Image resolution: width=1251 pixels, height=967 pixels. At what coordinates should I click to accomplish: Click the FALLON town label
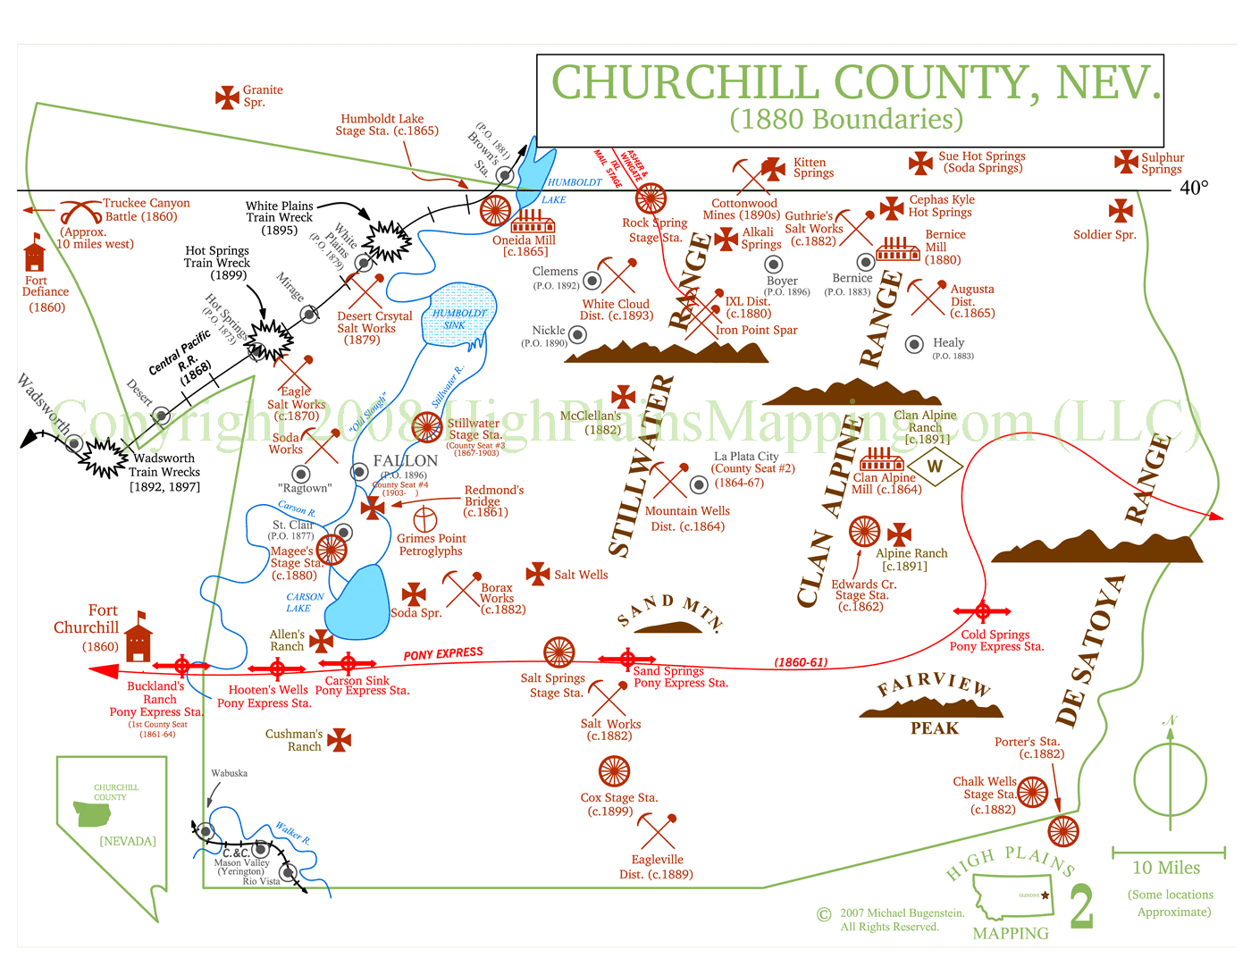[x=406, y=460]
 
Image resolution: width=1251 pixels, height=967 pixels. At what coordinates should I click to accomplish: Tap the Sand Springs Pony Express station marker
[x=628, y=660]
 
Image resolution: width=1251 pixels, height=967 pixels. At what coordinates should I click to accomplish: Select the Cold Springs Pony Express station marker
[x=982, y=612]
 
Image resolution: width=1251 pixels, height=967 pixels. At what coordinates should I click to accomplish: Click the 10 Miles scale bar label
[x=1166, y=868]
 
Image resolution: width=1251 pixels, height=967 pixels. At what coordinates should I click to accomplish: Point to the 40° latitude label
[x=1194, y=188]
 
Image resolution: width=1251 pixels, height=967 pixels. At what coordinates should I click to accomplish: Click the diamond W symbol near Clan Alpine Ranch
[x=935, y=466]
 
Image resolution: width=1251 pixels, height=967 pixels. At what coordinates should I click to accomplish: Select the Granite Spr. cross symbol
[x=228, y=97]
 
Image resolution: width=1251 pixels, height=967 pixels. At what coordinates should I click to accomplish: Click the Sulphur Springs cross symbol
[x=1126, y=162]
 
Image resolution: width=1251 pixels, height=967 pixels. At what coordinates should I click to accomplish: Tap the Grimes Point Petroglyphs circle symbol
[x=424, y=519]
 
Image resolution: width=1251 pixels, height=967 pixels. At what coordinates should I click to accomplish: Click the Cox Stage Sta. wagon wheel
[x=615, y=771]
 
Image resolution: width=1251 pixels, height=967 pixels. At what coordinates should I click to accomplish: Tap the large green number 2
[x=1081, y=908]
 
